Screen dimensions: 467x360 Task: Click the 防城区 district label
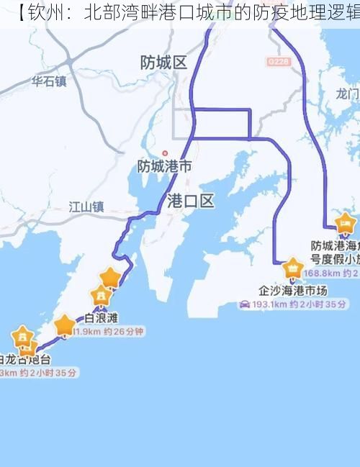click(164, 63)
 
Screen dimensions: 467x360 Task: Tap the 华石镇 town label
click(48, 81)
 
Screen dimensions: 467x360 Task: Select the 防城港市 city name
click(165, 166)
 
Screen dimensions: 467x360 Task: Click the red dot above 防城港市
click(165, 153)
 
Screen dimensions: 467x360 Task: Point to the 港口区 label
click(190, 201)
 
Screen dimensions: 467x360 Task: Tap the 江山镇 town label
click(86, 207)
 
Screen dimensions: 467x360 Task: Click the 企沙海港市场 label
click(293, 291)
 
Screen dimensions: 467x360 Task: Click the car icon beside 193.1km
click(245, 304)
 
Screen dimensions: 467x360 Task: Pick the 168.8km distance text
click(321, 273)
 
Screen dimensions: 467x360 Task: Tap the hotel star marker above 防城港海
click(346, 224)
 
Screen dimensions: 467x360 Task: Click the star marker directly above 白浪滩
click(101, 296)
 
